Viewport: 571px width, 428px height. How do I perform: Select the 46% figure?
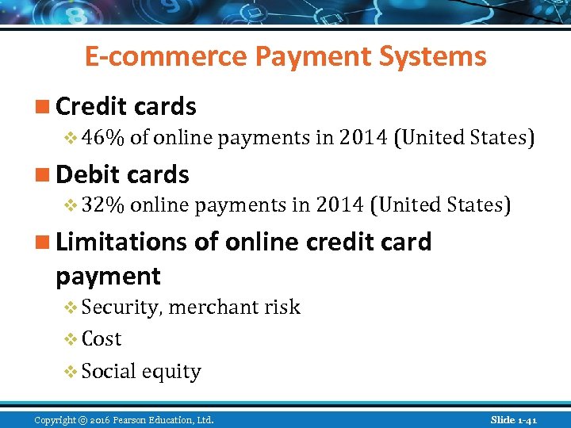point(102,138)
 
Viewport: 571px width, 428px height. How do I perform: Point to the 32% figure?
point(102,206)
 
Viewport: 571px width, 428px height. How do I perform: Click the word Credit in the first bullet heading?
point(88,106)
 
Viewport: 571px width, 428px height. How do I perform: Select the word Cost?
point(102,339)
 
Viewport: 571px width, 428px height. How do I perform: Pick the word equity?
point(173,372)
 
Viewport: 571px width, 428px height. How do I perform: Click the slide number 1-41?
point(526,418)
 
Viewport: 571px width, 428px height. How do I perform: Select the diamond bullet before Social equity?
point(70,371)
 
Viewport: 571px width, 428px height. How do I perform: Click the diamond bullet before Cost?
point(70,339)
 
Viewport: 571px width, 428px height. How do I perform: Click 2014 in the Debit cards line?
point(339,206)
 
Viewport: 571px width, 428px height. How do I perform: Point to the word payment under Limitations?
point(108,277)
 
